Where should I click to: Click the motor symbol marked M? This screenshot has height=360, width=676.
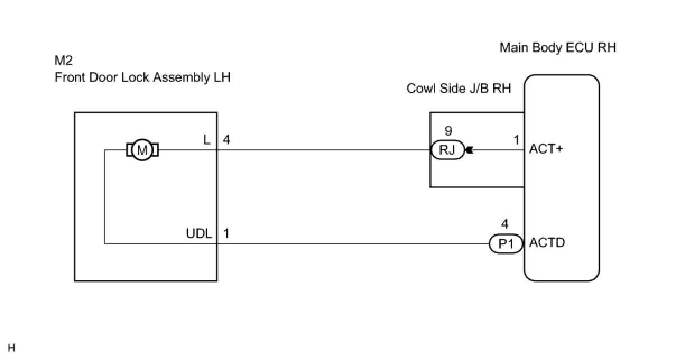pyautogui.click(x=142, y=150)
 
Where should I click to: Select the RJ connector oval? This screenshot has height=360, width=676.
pyautogui.click(x=447, y=150)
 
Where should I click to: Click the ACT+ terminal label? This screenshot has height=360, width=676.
pyautogui.click(x=546, y=150)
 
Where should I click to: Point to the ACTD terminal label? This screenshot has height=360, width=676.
pyautogui.click(x=547, y=243)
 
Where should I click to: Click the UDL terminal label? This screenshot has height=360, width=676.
pyautogui.click(x=199, y=233)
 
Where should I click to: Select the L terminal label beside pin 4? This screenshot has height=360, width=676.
pyautogui.click(x=207, y=140)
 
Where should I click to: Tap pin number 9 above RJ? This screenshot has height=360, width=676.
pyautogui.click(x=448, y=131)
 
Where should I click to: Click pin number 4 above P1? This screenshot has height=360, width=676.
pyautogui.click(x=505, y=224)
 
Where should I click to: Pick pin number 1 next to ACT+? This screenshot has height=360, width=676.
pyautogui.click(x=517, y=140)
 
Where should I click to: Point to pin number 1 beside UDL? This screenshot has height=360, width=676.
pyautogui.click(x=226, y=233)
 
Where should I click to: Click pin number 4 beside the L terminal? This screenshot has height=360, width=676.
pyautogui.click(x=226, y=140)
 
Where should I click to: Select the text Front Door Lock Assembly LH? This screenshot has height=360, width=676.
pyautogui.click(x=142, y=77)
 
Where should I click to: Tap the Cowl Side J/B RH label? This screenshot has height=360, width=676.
pyautogui.click(x=459, y=89)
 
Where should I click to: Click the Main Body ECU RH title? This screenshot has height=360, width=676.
pyautogui.click(x=557, y=48)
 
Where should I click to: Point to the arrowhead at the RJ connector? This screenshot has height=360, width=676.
pyautogui.click(x=469, y=150)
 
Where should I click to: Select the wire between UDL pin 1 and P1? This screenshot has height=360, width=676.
pyautogui.click(x=353, y=244)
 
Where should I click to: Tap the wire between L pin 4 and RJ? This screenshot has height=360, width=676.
pyautogui.click(x=325, y=150)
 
